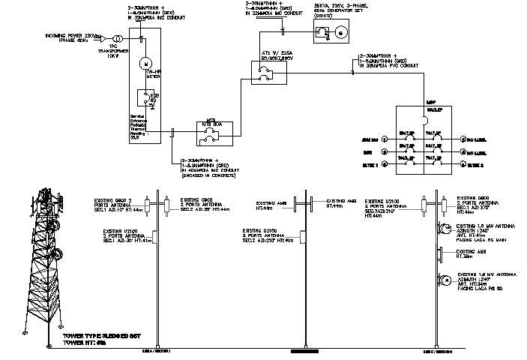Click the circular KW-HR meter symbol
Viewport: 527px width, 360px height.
point(146,64)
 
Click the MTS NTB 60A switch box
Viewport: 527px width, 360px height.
point(212,135)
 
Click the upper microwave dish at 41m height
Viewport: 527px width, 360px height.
point(445,227)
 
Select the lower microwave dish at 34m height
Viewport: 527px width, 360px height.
point(445,281)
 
